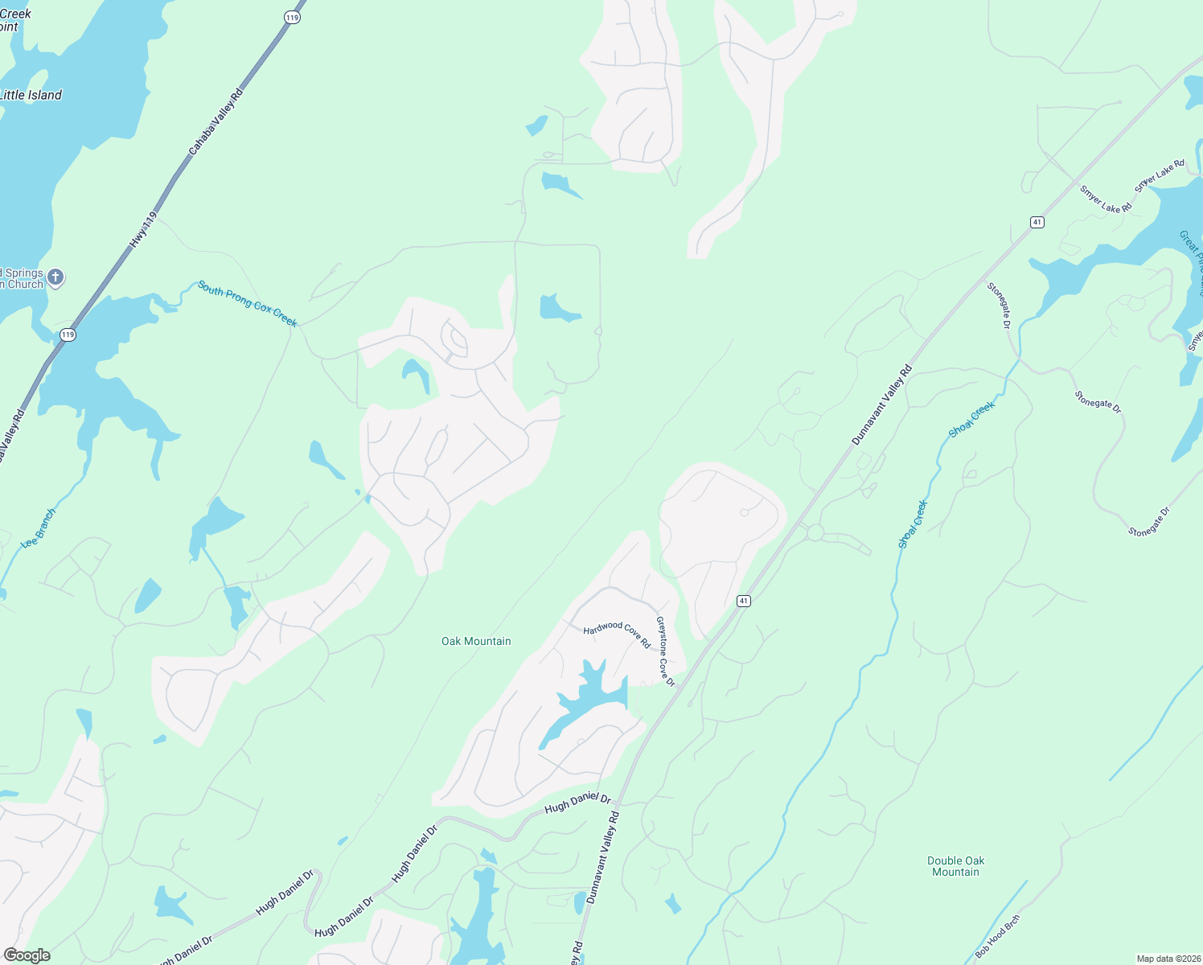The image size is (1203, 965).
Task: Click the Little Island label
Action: click(x=31, y=95)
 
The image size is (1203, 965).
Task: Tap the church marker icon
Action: click(x=55, y=277)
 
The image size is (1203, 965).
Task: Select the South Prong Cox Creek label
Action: click(x=248, y=304)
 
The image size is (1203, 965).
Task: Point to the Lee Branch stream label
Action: click(x=39, y=528)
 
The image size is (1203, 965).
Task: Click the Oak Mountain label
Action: click(x=476, y=641)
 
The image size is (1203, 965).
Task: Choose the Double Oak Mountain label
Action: click(x=955, y=866)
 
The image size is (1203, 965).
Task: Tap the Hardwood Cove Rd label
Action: click(x=617, y=633)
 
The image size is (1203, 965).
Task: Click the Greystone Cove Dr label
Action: click(x=666, y=651)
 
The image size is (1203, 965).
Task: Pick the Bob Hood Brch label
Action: click(x=998, y=936)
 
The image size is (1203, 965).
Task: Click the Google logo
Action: click(x=27, y=955)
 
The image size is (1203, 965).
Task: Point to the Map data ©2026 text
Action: click(x=1168, y=959)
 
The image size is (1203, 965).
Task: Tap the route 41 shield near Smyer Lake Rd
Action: click(x=1037, y=222)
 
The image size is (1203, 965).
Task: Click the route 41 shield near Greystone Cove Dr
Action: click(x=744, y=601)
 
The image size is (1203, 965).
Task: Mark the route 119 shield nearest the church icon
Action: click(x=68, y=335)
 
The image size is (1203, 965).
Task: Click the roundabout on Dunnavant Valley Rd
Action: click(x=815, y=532)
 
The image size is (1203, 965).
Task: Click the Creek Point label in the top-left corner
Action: click(x=14, y=20)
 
